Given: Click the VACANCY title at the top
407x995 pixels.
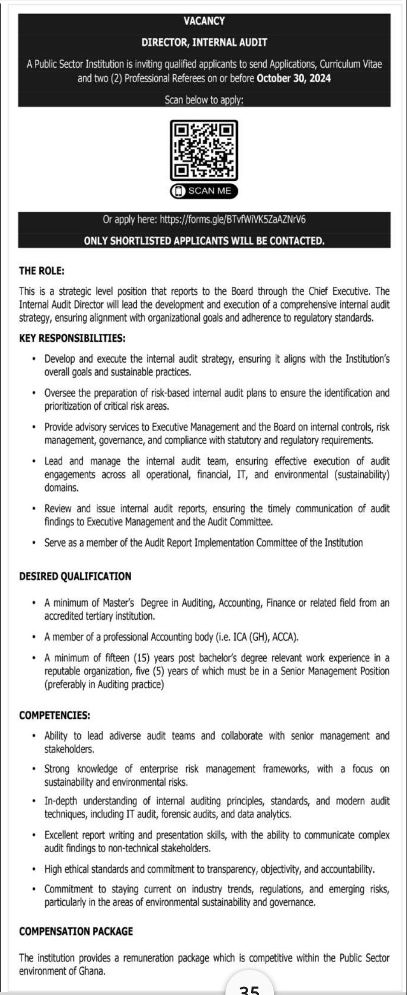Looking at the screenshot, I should [x=204, y=21].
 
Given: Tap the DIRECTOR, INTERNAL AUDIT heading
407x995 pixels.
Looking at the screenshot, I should [x=204, y=43].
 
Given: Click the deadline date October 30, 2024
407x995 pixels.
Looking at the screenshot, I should [x=294, y=78].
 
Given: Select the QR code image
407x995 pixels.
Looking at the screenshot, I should [x=204, y=150].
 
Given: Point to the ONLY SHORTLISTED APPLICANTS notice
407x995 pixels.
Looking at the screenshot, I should [x=204, y=241].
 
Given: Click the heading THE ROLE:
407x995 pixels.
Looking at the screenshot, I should [x=42, y=271].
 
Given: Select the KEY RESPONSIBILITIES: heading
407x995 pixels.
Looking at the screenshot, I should [x=72, y=338].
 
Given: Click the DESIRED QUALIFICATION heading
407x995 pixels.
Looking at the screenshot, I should [x=75, y=577].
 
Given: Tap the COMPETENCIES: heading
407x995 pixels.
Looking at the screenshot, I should [x=54, y=715].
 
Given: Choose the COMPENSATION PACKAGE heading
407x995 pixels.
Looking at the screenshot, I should [x=76, y=931].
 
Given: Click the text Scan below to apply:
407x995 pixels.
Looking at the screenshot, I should [x=204, y=100].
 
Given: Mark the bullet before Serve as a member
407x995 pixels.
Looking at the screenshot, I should [x=33, y=543].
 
